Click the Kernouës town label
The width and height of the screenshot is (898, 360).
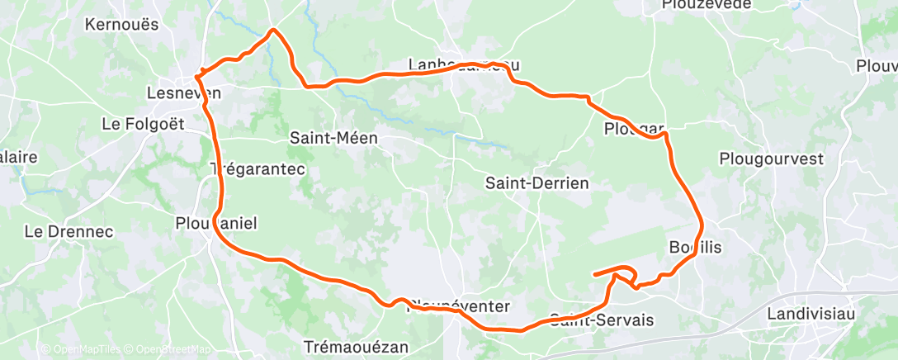121,24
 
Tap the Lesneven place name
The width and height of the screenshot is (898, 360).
182,92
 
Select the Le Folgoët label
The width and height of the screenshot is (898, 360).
143,124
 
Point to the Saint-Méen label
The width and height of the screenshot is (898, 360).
333,139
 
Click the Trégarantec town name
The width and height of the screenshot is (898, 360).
258,168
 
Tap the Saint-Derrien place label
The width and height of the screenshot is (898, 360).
537,182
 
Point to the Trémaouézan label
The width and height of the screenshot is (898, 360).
356,347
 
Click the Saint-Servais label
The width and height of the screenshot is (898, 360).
601,320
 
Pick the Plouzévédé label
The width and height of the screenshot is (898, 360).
707,5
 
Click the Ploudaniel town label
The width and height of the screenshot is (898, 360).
217,222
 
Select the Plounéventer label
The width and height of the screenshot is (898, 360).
458,306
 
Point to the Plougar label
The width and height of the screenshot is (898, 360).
634,129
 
